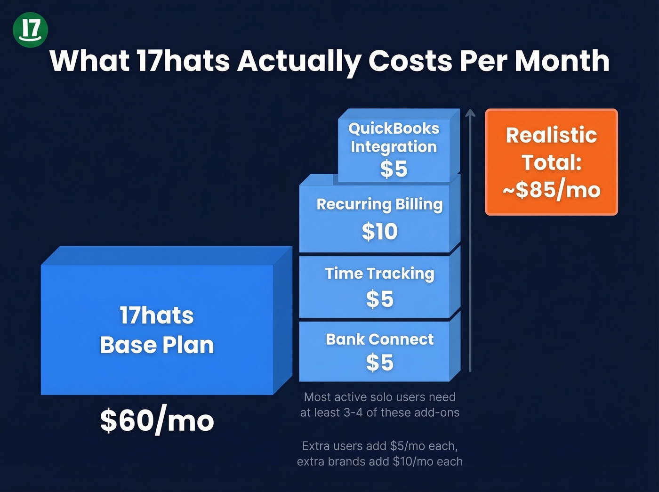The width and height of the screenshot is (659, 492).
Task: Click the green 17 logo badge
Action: [31, 30]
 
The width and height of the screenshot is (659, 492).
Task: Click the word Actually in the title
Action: [299, 61]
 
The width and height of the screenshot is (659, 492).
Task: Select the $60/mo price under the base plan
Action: [157, 420]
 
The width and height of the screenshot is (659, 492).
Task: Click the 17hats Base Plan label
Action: [157, 330]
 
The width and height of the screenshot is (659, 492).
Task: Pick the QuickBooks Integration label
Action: [394, 137]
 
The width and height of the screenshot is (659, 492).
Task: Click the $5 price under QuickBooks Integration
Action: [394, 169]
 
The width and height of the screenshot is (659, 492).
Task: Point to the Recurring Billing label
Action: [379, 204]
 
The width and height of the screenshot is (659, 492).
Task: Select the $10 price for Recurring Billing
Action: [379, 231]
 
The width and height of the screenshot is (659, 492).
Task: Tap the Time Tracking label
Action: [379, 274]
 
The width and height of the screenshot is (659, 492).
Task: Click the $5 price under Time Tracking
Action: [379, 299]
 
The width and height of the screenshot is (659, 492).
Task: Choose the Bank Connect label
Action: [379, 339]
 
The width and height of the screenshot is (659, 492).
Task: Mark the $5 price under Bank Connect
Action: [379, 363]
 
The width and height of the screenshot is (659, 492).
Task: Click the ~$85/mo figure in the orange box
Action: [551, 190]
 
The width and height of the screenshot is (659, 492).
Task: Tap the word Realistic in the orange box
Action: [551, 135]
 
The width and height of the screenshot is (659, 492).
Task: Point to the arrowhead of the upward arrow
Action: [470, 113]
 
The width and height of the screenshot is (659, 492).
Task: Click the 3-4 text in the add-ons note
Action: [354, 412]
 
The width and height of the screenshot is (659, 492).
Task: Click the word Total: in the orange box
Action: [551, 162]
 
